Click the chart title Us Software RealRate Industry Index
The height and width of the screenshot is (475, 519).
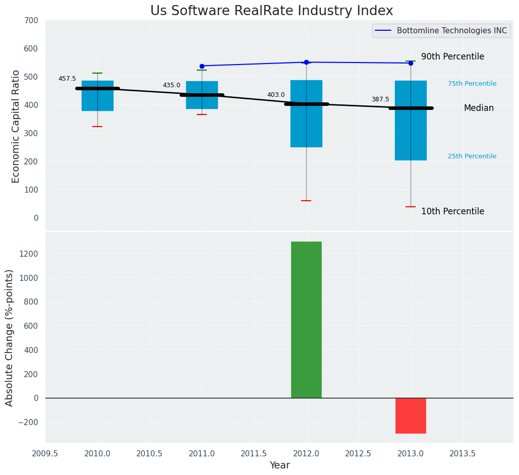[271, 11]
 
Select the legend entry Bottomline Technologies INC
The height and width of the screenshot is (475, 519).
[451, 31]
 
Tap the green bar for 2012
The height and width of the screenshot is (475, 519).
[306, 319]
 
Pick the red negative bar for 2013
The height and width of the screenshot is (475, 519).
[411, 415]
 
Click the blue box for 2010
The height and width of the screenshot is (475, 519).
[97, 95]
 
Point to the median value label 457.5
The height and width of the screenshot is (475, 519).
[67, 79]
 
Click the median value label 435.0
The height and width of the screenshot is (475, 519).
[171, 85]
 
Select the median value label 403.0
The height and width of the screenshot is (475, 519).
[276, 95]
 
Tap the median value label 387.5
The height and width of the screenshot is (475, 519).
[380, 99]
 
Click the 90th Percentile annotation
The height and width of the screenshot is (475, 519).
[452, 57]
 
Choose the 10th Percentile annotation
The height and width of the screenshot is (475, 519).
[452, 212]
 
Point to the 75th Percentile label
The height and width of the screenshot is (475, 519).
[472, 84]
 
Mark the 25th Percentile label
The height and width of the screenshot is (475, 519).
[472, 156]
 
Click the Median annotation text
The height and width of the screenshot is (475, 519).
[479, 108]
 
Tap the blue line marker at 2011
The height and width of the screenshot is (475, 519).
[202, 66]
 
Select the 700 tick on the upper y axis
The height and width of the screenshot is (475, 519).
[30, 21]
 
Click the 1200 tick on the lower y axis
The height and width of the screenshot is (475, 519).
[28, 254]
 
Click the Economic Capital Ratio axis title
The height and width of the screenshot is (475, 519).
[16, 126]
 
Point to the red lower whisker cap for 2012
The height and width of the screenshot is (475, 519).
[306, 201]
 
